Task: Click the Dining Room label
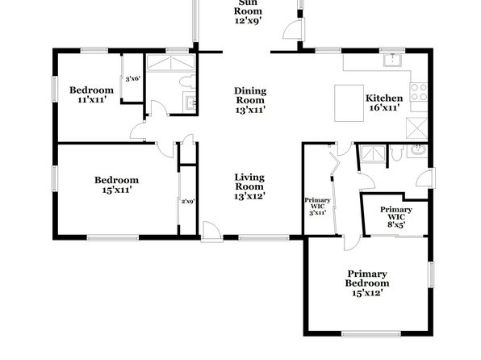click(x=250, y=100)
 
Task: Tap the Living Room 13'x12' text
click(x=249, y=186)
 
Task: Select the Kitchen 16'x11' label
click(x=384, y=103)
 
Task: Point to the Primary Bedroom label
click(x=367, y=283)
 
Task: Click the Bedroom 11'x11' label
click(x=91, y=94)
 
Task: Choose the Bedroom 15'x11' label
click(x=116, y=185)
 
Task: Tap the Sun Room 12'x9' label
click(x=249, y=12)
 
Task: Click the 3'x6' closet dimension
click(x=133, y=79)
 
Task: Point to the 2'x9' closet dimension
click(x=188, y=202)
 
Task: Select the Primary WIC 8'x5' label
click(x=396, y=216)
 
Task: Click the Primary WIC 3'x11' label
click(x=317, y=206)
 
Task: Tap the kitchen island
click(x=349, y=103)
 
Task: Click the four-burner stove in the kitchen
click(x=419, y=92)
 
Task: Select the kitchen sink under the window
click(x=392, y=60)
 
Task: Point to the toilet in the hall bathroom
click(x=187, y=82)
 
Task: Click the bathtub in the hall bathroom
click(x=170, y=63)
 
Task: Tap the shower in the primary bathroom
click(x=372, y=153)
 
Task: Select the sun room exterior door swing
click(x=292, y=28)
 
